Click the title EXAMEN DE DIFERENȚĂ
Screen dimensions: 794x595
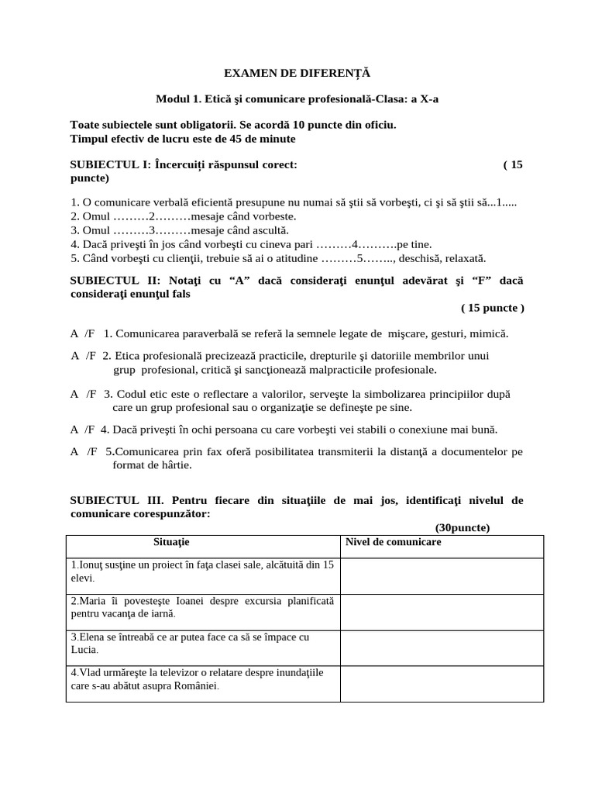pos(297,73)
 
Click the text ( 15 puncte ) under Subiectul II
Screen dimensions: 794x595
pos(492,308)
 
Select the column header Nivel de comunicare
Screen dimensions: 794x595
pos(393,542)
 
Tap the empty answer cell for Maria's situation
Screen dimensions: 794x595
pos(441,611)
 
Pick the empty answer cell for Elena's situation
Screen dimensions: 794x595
pos(441,647)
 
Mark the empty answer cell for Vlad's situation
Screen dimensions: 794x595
pos(441,684)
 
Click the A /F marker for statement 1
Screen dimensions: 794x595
pos(84,333)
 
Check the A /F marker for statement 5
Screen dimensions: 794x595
pos(84,451)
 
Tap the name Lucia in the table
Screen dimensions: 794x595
pos(83,649)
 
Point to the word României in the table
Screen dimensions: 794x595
pos(197,686)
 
